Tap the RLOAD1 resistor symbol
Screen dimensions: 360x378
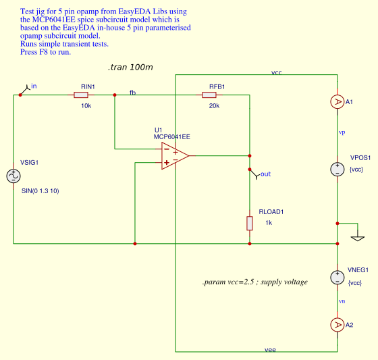coord(250,224)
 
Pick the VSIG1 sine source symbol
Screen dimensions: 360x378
coord(13,176)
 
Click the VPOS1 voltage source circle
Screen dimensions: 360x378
coord(337,170)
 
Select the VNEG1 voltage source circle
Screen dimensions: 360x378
coord(337,277)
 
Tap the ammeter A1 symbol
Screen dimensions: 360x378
coord(337,102)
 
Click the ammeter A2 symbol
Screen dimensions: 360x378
coord(337,325)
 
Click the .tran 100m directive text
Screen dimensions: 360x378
coord(130,68)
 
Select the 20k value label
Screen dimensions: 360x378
coord(213,106)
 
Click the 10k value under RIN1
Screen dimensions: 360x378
coord(86,106)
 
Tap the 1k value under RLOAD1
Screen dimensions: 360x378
coord(268,222)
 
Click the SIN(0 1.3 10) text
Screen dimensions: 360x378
coord(40,191)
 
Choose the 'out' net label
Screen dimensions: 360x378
coord(265,174)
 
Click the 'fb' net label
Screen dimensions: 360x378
coord(132,92)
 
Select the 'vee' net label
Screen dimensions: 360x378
coord(270,349)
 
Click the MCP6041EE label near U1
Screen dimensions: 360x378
coord(172,136)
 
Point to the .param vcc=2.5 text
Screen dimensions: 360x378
coord(254,282)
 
